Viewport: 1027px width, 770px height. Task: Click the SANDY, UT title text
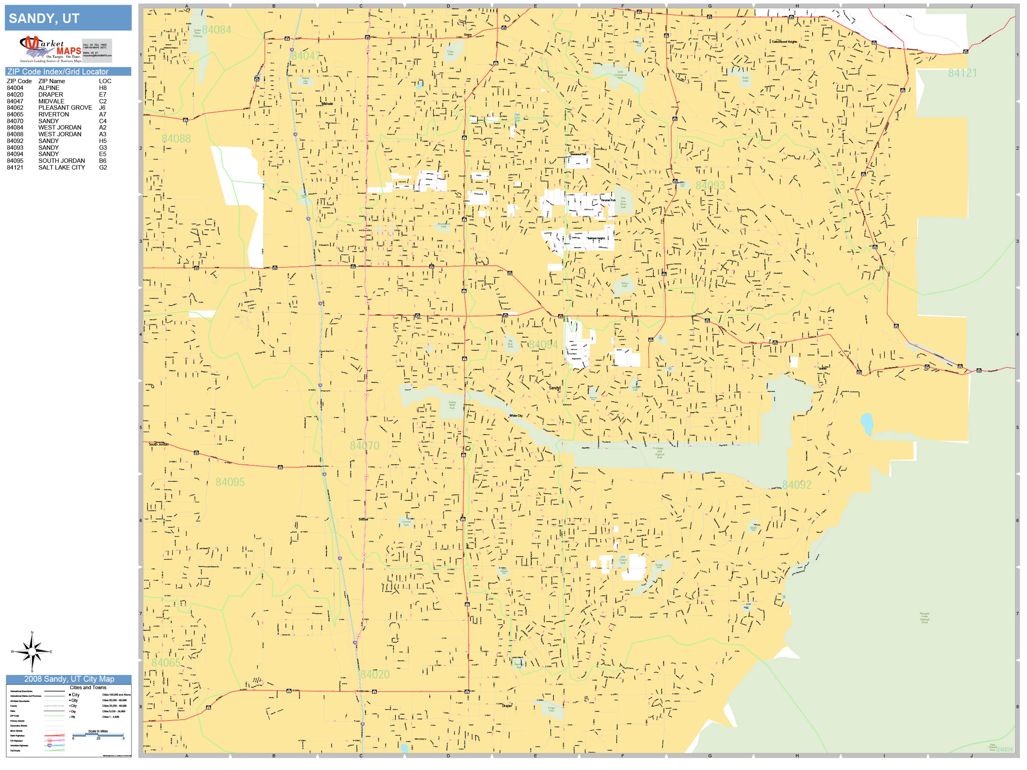(x=44, y=19)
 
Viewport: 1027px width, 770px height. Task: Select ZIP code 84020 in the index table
(x=15, y=94)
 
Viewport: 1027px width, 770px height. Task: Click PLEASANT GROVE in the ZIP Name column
(x=65, y=108)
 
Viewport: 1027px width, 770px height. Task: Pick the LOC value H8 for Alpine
(x=103, y=88)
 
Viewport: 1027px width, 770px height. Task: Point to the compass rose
(x=32, y=652)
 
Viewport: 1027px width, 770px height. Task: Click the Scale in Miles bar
(x=98, y=735)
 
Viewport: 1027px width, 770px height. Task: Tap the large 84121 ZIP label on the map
(x=962, y=73)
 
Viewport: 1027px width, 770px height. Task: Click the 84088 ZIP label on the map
(x=176, y=139)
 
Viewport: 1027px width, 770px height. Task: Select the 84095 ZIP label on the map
(x=230, y=482)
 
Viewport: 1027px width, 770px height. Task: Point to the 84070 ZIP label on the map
(x=365, y=446)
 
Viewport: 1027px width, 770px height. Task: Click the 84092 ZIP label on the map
(x=797, y=485)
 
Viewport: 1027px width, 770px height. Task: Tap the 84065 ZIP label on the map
(x=166, y=663)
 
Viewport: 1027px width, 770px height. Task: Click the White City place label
(x=516, y=416)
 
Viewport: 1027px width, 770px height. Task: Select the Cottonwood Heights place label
(x=784, y=42)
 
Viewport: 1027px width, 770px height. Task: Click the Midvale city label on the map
(x=327, y=103)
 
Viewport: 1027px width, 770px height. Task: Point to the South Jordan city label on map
(x=158, y=444)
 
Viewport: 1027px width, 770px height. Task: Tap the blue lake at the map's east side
(x=867, y=423)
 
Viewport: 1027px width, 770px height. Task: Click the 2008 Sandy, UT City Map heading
(x=69, y=679)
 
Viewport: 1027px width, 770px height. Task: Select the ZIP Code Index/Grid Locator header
(x=57, y=71)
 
